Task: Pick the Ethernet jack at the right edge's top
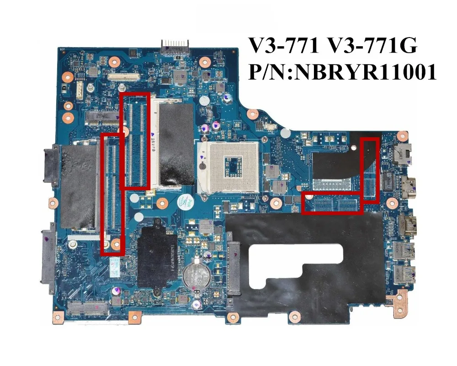point(405,154)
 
